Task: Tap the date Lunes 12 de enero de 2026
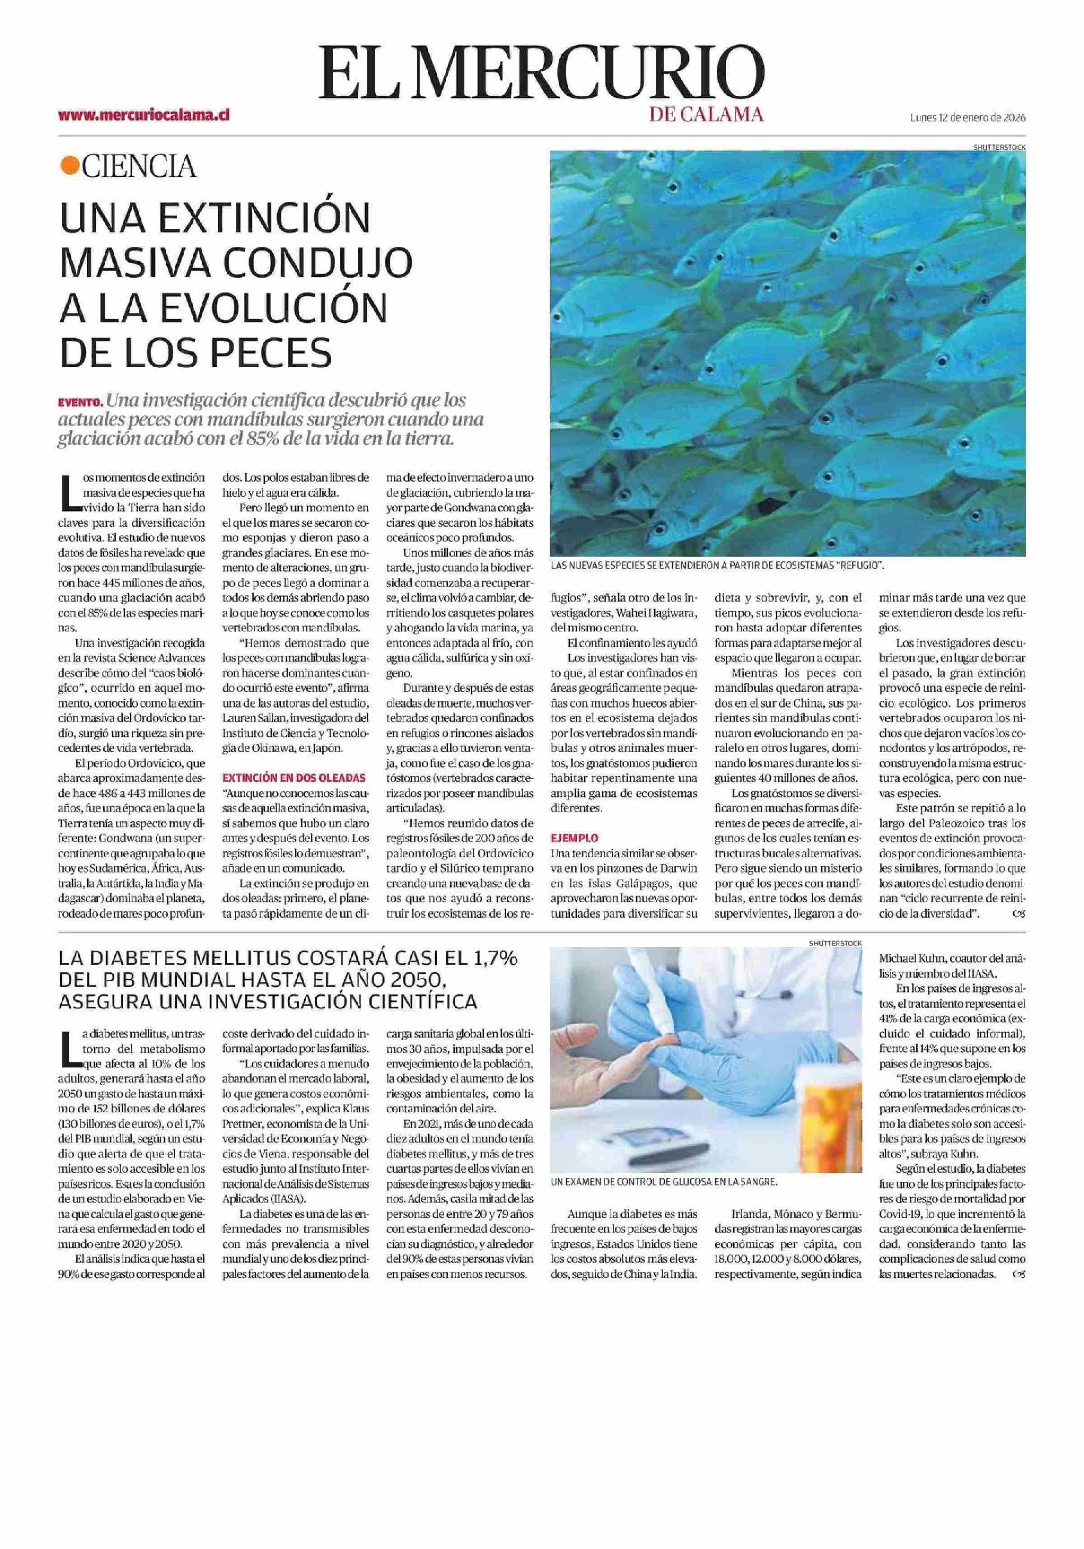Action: (x=967, y=117)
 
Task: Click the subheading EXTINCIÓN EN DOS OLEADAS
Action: (x=294, y=777)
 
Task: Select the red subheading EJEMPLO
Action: (x=575, y=838)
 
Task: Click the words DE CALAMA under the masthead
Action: (x=706, y=115)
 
